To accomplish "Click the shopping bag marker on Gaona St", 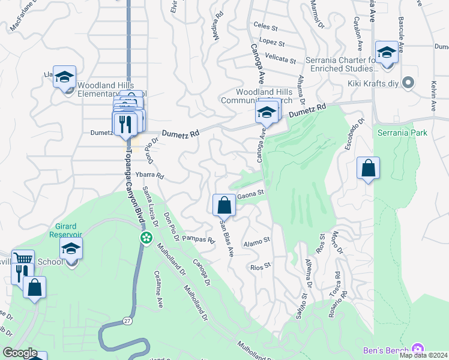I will [224, 205].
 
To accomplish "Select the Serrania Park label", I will [402, 132].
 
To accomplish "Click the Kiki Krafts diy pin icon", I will [409, 83].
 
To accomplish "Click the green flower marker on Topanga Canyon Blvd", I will [146, 238].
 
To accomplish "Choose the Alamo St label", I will [256, 242].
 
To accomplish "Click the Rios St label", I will [261, 266].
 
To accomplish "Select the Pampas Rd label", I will [198, 239].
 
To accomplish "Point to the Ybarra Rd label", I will [149, 176].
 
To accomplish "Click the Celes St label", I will [265, 27].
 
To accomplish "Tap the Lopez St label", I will [272, 43].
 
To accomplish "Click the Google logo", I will [19, 353].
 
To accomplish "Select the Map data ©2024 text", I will [423, 355].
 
